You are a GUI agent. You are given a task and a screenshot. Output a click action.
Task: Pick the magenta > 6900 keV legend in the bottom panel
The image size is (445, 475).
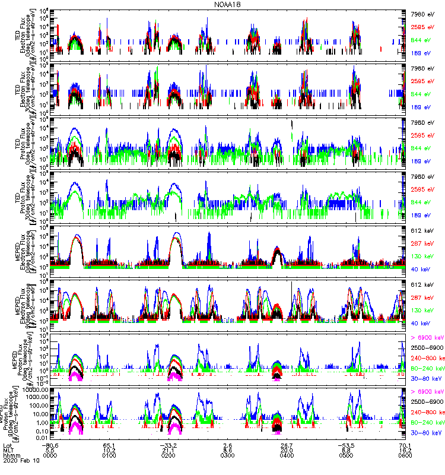427,392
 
